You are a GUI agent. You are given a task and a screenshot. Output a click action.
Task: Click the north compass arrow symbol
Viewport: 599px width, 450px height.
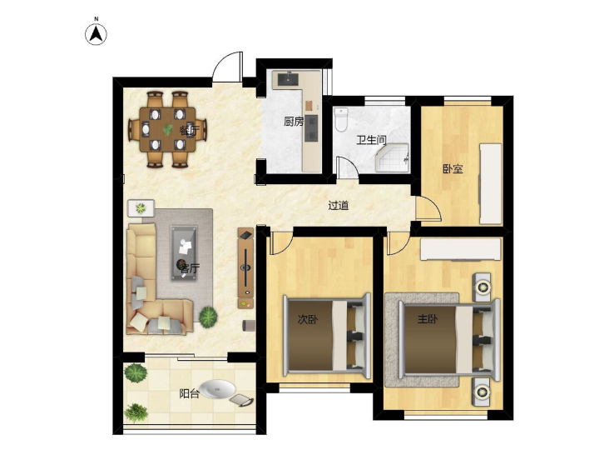point(96,33)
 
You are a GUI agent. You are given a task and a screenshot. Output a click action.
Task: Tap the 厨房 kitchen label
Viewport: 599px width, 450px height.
point(294,122)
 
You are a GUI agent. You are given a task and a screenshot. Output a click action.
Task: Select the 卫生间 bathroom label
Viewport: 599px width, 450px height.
point(371,140)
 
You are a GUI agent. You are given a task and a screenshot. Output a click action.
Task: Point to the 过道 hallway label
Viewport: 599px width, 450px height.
point(339,206)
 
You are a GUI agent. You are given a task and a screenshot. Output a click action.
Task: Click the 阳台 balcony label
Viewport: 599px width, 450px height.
point(190,393)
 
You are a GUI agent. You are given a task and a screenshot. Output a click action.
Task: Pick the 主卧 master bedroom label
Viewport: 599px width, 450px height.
point(428,318)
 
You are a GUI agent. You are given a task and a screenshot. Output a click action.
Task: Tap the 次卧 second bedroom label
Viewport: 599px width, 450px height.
point(308,319)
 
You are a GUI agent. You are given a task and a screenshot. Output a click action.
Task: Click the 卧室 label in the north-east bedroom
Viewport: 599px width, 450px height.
point(453,168)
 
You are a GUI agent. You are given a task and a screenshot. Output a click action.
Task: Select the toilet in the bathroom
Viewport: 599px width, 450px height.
point(341,119)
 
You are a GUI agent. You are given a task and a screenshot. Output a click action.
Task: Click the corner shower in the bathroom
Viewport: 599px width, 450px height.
point(393,157)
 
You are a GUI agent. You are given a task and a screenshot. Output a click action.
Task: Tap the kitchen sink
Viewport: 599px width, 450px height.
point(288,79)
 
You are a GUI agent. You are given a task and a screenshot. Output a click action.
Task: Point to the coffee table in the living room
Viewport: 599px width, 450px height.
point(184,252)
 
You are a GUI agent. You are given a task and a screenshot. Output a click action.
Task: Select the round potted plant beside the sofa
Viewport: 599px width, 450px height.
point(208,317)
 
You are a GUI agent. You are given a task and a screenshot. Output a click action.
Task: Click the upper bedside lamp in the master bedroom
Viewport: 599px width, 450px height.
point(482,287)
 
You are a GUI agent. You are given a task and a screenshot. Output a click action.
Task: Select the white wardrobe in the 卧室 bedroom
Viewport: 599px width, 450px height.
point(490,183)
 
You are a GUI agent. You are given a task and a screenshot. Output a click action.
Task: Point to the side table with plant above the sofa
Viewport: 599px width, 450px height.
point(141,207)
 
